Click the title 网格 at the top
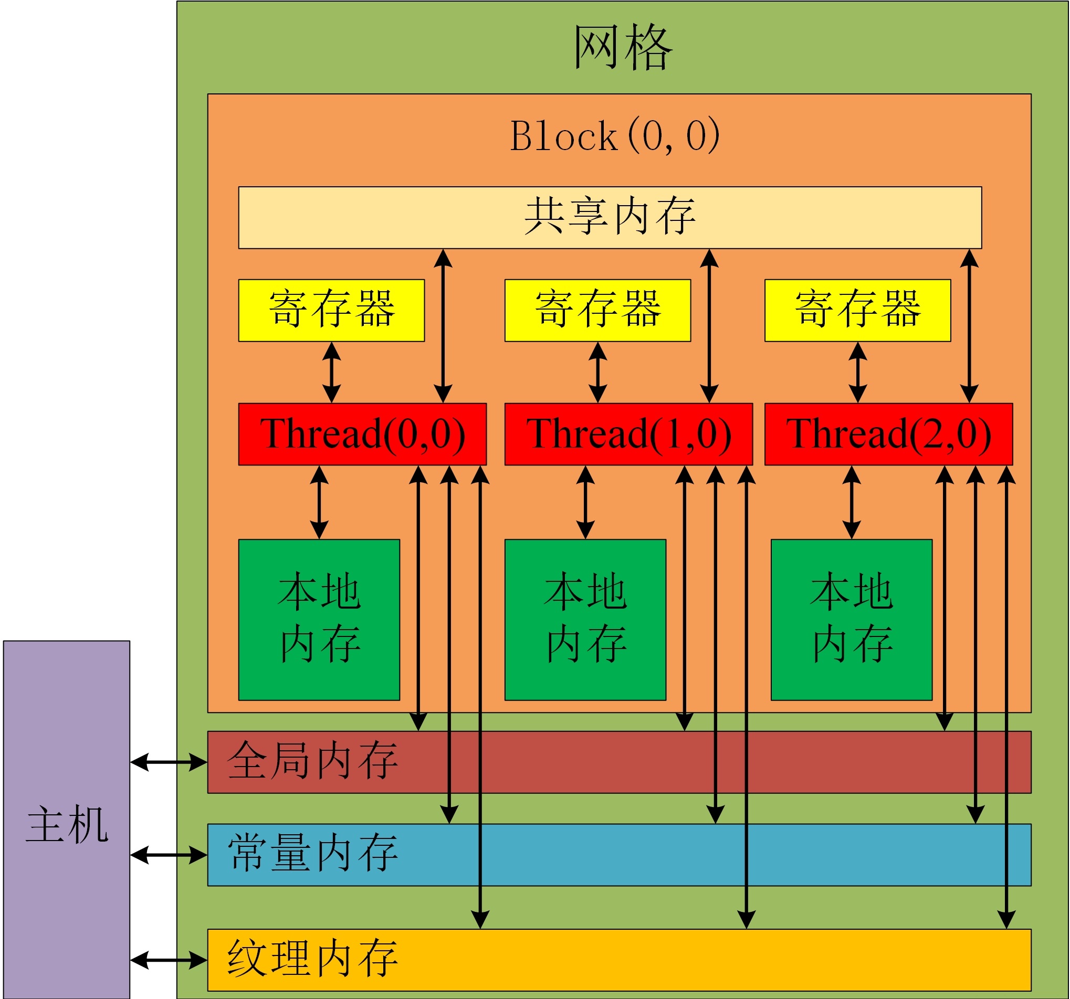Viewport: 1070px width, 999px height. pos(623,47)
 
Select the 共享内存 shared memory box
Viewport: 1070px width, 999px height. pos(610,217)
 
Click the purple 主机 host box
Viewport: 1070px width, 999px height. pos(67,820)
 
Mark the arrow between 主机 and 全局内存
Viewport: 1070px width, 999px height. pos(169,762)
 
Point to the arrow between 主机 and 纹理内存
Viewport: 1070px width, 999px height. pos(169,960)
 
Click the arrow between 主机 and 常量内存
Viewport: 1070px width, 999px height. pos(169,854)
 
